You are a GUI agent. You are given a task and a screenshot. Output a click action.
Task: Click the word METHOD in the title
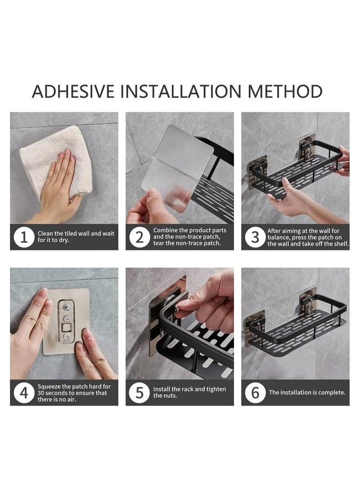point(285,91)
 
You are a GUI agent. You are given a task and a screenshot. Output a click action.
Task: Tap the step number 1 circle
point(24,237)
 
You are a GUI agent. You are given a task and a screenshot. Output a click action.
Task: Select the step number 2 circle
point(139,237)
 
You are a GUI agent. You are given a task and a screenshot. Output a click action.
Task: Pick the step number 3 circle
point(255,237)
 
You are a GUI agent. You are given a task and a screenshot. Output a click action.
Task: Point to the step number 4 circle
point(24,393)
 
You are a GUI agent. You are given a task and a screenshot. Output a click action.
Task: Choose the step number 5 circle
point(139,393)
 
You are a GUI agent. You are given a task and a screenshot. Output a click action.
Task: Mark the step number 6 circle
point(255,393)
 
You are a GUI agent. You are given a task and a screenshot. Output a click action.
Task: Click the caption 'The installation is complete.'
point(307,392)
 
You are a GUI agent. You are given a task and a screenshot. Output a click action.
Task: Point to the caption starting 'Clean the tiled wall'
point(76,237)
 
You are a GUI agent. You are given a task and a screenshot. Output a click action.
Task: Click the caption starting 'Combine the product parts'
point(189,237)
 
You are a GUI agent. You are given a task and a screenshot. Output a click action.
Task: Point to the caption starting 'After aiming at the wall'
point(308,237)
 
